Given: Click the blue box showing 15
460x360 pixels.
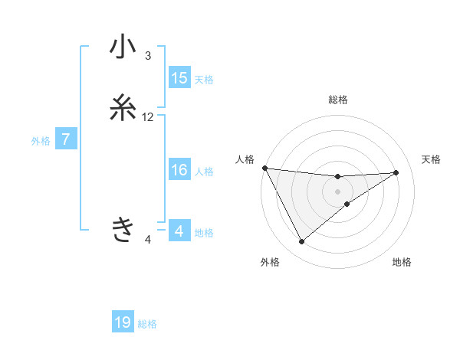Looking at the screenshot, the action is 179,78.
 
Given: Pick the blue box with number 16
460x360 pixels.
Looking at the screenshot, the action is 179,171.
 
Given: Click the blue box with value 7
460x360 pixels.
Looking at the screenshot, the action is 66,140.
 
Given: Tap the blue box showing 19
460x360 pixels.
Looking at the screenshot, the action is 123,323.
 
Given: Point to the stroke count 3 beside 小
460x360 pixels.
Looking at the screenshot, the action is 148,55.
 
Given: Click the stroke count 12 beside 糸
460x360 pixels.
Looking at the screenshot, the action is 148,117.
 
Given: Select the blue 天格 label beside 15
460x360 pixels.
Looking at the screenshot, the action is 204,79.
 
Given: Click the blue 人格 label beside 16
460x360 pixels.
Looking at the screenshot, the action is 204,172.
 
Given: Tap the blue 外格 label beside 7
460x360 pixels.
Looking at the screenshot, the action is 41,141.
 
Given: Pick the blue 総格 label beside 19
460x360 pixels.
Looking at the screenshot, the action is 147,324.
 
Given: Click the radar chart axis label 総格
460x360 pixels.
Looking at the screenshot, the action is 338,100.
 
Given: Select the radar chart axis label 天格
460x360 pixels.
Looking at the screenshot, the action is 431,159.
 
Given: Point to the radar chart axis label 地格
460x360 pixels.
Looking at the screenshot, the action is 402,262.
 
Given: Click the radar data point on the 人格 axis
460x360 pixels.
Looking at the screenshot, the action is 264,168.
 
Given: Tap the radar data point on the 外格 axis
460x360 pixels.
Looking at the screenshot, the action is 301,242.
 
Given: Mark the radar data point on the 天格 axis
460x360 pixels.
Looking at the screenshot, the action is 396,172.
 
